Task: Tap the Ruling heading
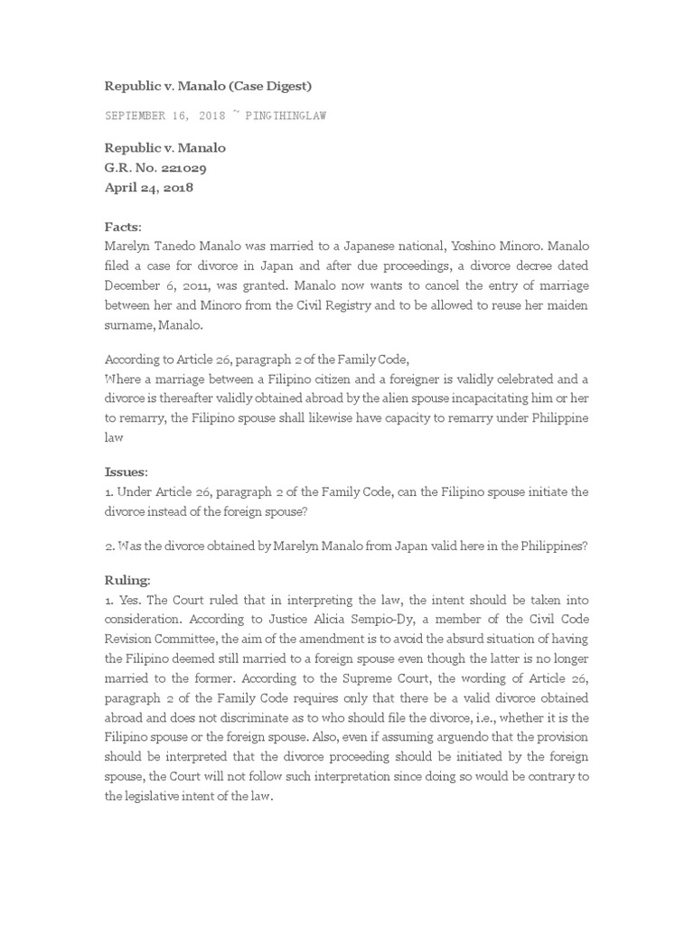[x=127, y=579]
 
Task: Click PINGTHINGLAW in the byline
[x=284, y=116]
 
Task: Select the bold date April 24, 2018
[x=148, y=188]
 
